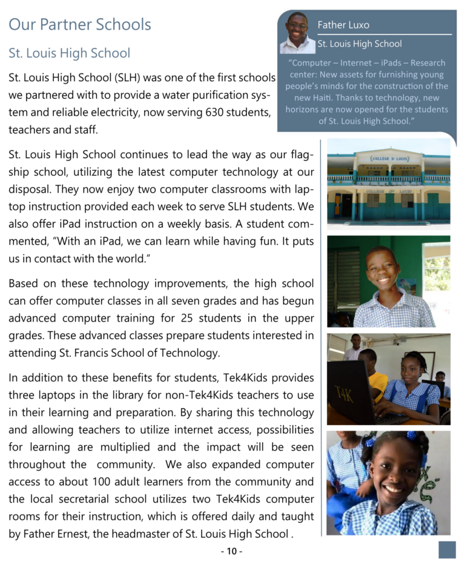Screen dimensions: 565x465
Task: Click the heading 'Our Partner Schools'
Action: [x=79, y=25]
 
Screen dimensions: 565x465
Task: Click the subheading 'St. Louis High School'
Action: [x=69, y=53]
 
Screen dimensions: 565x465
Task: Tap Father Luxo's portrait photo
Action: [x=297, y=33]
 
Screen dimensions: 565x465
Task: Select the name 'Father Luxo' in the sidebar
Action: [x=343, y=25]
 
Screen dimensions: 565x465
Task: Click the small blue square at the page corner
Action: [x=447, y=549]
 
